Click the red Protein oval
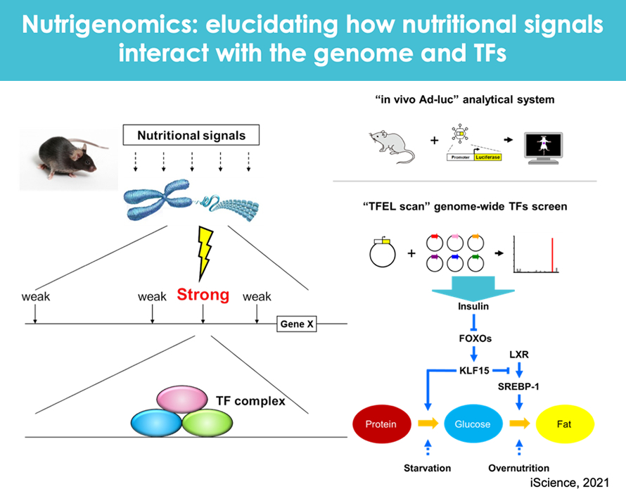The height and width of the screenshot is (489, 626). tap(381, 424)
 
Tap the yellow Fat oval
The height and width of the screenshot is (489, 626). tap(565, 424)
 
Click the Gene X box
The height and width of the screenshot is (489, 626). tap(295, 324)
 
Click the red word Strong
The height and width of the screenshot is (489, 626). tap(203, 295)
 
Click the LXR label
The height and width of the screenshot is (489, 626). tap(518, 354)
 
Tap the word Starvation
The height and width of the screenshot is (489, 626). tap(427, 468)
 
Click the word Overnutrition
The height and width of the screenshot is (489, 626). tap(518, 468)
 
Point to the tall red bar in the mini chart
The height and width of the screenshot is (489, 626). tap(553, 254)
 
